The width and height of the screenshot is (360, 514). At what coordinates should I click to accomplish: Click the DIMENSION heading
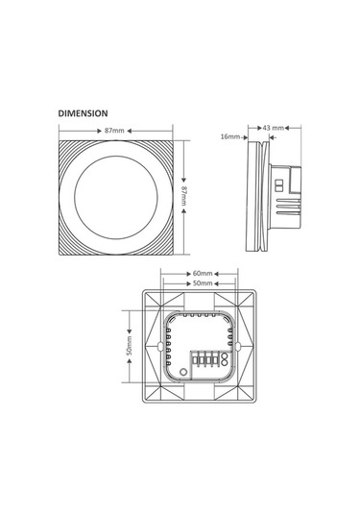click(83, 113)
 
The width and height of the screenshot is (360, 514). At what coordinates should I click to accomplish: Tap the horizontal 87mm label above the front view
click(114, 131)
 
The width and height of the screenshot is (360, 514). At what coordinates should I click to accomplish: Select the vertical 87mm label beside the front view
click(183, 196)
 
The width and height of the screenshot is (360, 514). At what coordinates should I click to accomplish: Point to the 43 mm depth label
click(273, 128)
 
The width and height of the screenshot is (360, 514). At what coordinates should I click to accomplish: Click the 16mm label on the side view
click(230, 136)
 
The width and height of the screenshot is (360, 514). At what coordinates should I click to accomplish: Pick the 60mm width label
click(203, 273)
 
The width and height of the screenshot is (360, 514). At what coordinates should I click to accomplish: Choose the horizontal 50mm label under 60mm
click(203, 282)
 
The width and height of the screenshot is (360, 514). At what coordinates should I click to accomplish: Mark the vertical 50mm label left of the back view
click(130, 346)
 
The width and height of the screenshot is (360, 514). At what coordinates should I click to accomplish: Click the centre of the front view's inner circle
click(116, 198)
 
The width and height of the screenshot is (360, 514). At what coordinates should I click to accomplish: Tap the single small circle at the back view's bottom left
click(183, 372)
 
